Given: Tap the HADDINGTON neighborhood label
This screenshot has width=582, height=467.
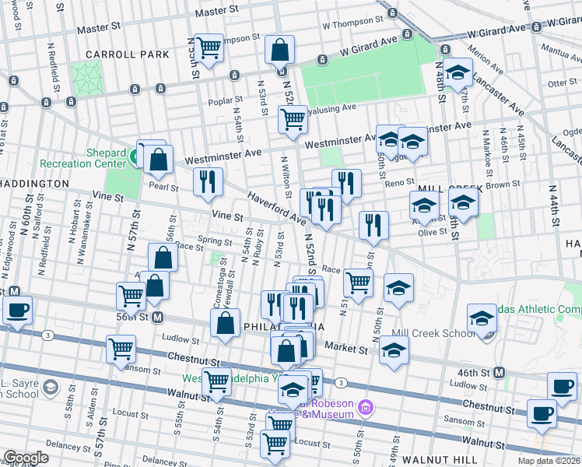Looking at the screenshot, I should [x=34, y=183].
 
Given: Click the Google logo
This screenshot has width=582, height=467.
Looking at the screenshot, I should [x=26, y=458].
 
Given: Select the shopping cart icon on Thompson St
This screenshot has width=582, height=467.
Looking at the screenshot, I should [x=209, y=47].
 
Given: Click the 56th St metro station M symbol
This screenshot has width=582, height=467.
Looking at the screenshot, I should [x=157, y=317].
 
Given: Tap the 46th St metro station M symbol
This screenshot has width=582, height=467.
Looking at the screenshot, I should [x=499, y=373].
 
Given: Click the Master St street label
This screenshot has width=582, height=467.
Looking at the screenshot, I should [x=216, y=12].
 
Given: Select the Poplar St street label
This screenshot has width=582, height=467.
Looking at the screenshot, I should [x=222, y=101].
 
